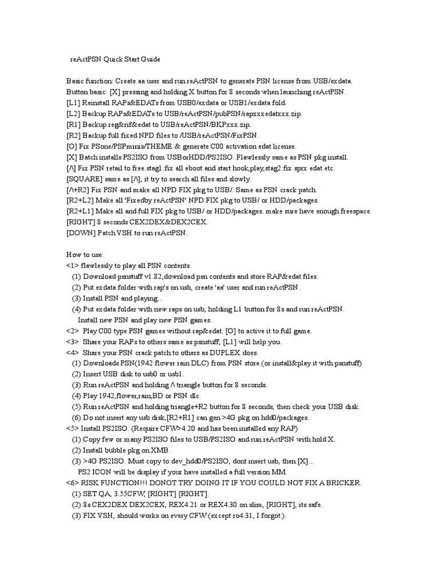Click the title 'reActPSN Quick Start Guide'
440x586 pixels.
[115, 59]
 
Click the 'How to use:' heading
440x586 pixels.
[85, 255]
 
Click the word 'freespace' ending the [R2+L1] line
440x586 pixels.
[352, 211]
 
